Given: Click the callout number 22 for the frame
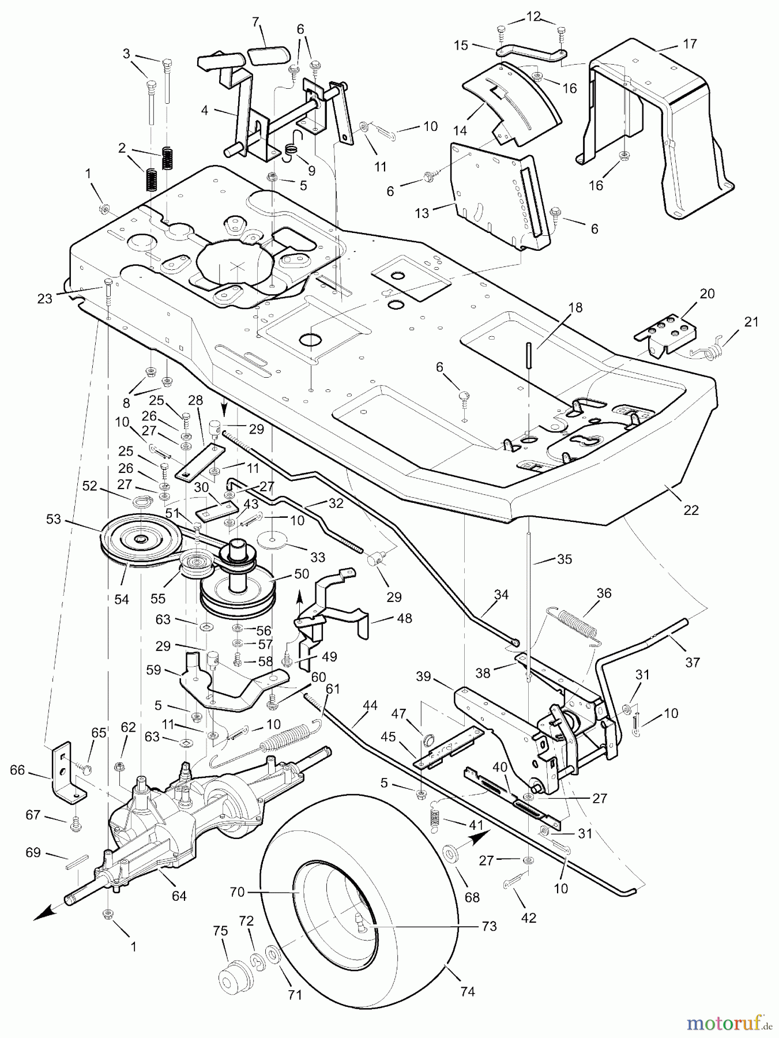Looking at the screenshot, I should click(691, 510).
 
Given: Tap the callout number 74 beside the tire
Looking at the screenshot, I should click(468, 991).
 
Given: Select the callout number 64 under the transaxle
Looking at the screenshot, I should click(179, 896).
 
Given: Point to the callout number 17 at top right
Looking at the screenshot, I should click(690, 44).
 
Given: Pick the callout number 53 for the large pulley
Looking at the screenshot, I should click(54, 519).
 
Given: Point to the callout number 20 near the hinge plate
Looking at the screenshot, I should click(707, 294).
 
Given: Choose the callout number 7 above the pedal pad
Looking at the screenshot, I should click(256, 23).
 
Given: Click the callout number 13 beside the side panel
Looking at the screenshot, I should click(422, 213).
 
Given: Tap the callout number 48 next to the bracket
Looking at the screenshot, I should click(405, 618).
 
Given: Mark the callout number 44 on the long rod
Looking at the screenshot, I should click(370, 721).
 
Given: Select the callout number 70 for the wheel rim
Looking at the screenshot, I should click(237, 892).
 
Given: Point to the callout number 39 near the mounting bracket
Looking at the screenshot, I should click(424, 676).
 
